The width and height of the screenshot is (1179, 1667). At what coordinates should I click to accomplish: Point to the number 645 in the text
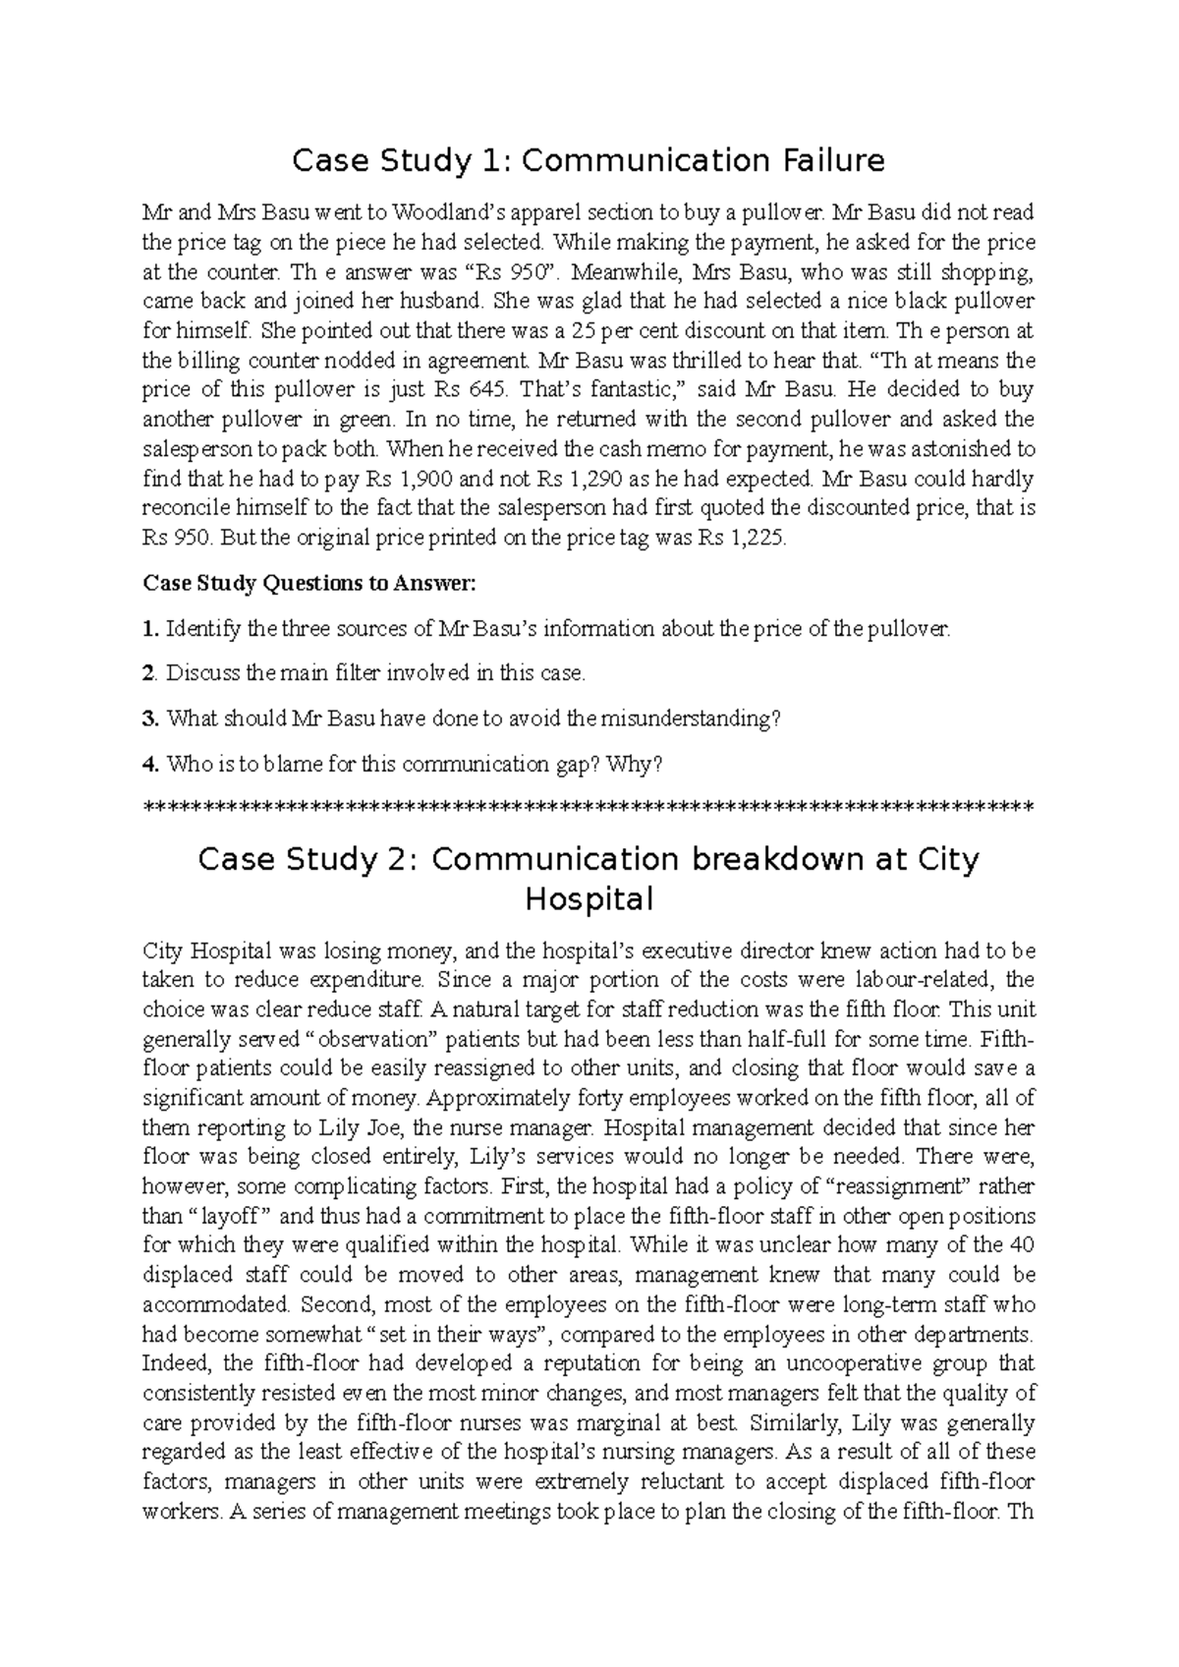[490, 389]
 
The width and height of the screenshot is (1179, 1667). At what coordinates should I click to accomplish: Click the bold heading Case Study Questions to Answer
[309, 584]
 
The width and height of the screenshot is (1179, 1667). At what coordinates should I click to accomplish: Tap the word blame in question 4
[253, 764]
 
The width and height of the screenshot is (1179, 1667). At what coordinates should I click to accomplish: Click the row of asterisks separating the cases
[588, 808]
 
